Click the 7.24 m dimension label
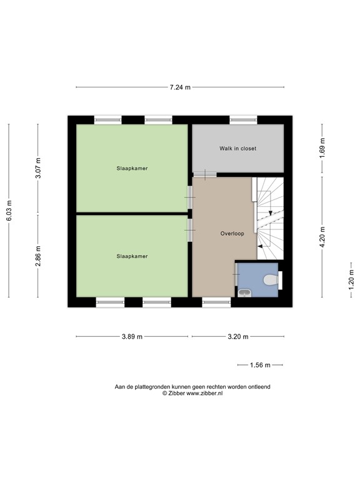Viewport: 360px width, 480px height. pos(180,87)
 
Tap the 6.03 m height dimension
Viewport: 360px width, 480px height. pos(9,211)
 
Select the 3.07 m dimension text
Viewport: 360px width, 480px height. pos(38,169)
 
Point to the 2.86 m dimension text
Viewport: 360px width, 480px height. pos(38,258)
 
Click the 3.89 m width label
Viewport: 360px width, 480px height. pos(131,336)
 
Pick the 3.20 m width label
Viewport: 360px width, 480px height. pos(237,336)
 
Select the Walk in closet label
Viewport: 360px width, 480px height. pos(237,149)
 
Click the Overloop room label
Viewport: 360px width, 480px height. pos(231,234)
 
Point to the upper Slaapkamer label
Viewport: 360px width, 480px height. pos(132,168)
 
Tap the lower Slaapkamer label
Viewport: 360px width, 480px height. pos(132,256)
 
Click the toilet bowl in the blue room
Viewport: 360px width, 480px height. pos(271,281)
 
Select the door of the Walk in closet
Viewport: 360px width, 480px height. pos(204,174)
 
